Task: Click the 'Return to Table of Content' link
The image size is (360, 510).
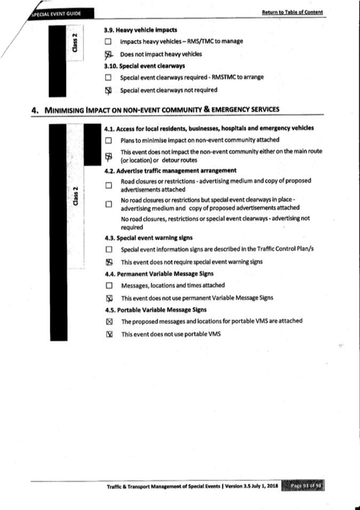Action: (292, 12)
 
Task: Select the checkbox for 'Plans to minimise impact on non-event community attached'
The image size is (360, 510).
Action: (108, 140)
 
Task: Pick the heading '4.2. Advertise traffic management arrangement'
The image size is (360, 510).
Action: (170, 171)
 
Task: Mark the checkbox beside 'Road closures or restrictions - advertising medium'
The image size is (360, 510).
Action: (108, 185)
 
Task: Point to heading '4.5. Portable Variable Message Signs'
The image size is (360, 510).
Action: (155, 309)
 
